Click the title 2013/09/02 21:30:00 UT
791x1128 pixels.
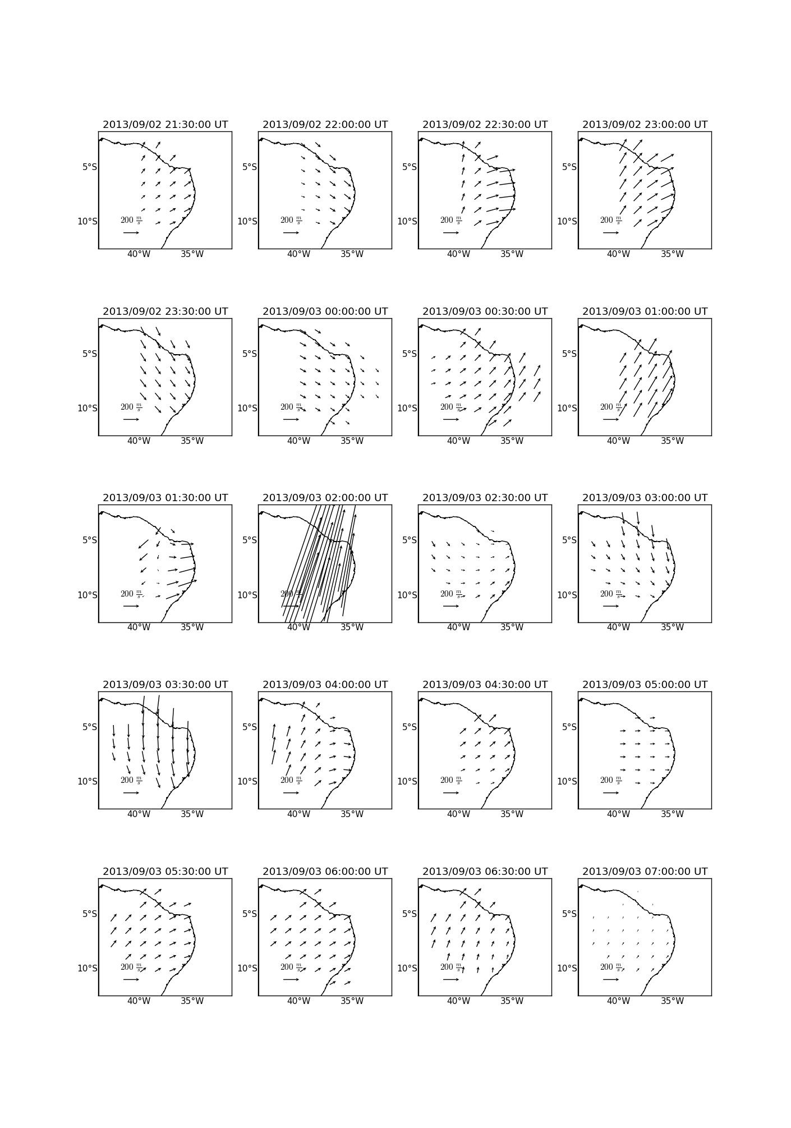165,125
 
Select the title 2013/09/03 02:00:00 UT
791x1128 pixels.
325,498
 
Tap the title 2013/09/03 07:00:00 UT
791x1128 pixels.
645,872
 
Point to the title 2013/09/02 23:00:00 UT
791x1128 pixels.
645,125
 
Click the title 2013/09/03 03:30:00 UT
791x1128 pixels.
165,685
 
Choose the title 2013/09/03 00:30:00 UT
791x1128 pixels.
485,311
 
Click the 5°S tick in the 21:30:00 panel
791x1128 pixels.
90,167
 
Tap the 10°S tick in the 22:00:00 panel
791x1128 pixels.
247,222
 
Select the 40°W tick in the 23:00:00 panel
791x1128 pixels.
618,254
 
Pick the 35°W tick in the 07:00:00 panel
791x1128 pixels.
672,1001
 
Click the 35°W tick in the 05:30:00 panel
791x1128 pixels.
192,1001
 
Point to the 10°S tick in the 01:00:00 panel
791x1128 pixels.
567,409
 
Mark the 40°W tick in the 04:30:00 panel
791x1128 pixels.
458,814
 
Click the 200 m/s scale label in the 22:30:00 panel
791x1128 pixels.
450,221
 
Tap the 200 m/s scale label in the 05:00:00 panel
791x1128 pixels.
610,781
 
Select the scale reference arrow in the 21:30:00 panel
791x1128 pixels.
131,233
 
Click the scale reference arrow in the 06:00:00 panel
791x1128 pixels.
291,980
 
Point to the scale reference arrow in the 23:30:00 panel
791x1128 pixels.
131,419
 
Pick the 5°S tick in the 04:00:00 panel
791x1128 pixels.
250,727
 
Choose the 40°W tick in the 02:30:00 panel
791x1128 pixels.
458,627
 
